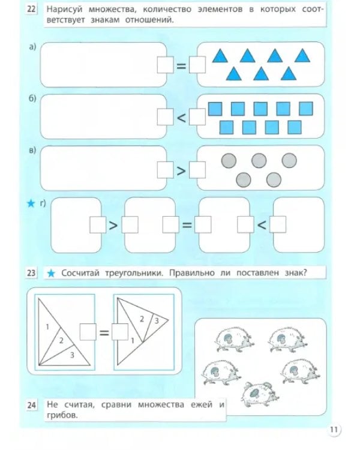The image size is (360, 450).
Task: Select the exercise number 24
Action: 31,406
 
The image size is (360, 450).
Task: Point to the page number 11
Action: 334,429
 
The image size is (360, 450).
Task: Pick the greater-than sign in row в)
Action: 181,170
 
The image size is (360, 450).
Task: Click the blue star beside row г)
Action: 31,205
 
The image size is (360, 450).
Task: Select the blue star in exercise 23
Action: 52,274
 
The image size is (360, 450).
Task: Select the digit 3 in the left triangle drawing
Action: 71,355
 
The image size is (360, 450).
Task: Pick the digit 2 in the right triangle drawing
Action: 142,319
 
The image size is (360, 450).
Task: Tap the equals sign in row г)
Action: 187,226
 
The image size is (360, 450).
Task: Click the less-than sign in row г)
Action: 261,226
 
